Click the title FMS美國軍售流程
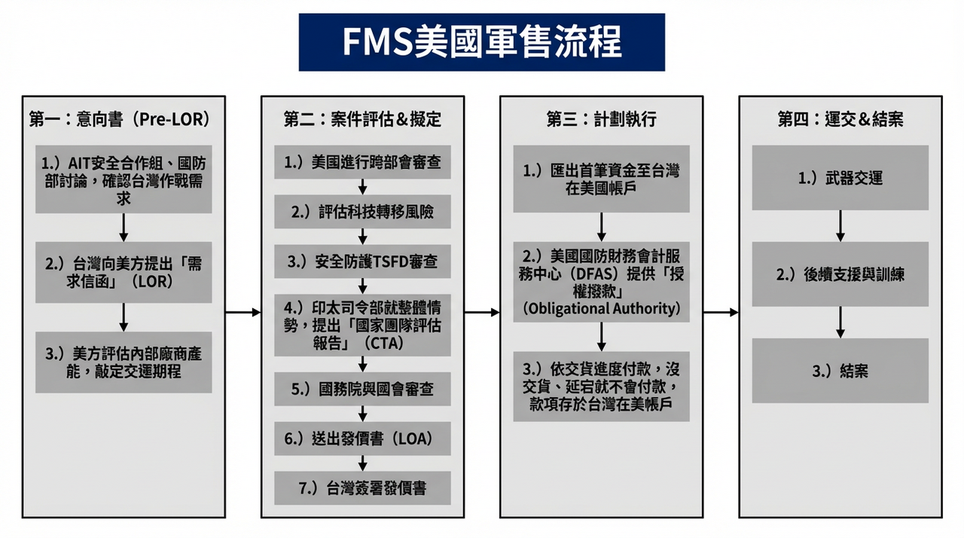(481, 42)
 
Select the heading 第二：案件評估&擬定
(362, 118)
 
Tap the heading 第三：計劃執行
(601, 118)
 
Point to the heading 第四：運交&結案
(840, 118)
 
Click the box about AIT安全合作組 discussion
(124, 179)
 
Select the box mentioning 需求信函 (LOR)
(124, 272)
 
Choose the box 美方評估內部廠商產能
(124, 362)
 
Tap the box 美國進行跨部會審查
(362, 162)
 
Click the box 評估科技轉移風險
(362, 212)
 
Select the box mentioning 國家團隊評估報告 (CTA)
(362, 325)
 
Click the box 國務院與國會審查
(362, 389)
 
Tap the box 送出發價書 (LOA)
(362, 439)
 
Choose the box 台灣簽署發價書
(362, 488)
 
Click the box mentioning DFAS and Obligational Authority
(601, 282)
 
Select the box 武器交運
(840, 179)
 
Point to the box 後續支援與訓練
(840, 274)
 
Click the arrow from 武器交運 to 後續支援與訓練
(840, 226)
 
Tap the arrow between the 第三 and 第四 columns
(720, 312)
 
